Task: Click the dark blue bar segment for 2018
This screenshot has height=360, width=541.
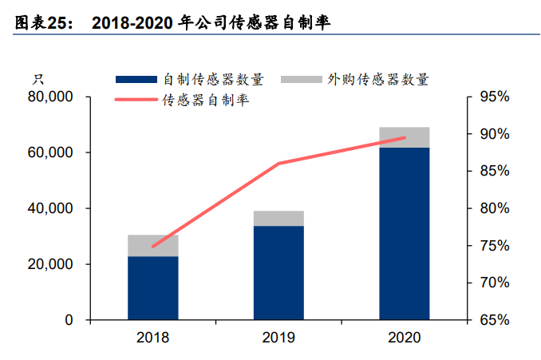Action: (152, 287)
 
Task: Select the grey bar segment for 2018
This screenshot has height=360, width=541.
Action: (152, 245)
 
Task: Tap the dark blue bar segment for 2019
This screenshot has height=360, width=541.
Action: (278, 272)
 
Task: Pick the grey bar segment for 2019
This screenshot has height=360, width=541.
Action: (278, 218)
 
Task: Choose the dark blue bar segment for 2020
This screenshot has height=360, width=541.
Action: (404, 233)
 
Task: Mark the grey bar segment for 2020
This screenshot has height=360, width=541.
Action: (404, 136)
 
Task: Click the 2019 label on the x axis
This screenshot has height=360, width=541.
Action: (278, 338)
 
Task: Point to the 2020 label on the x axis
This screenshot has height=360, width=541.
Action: (404, 338)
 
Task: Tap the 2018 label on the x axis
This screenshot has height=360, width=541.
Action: (152, 338)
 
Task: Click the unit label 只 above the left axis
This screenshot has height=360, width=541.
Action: (37, 79)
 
